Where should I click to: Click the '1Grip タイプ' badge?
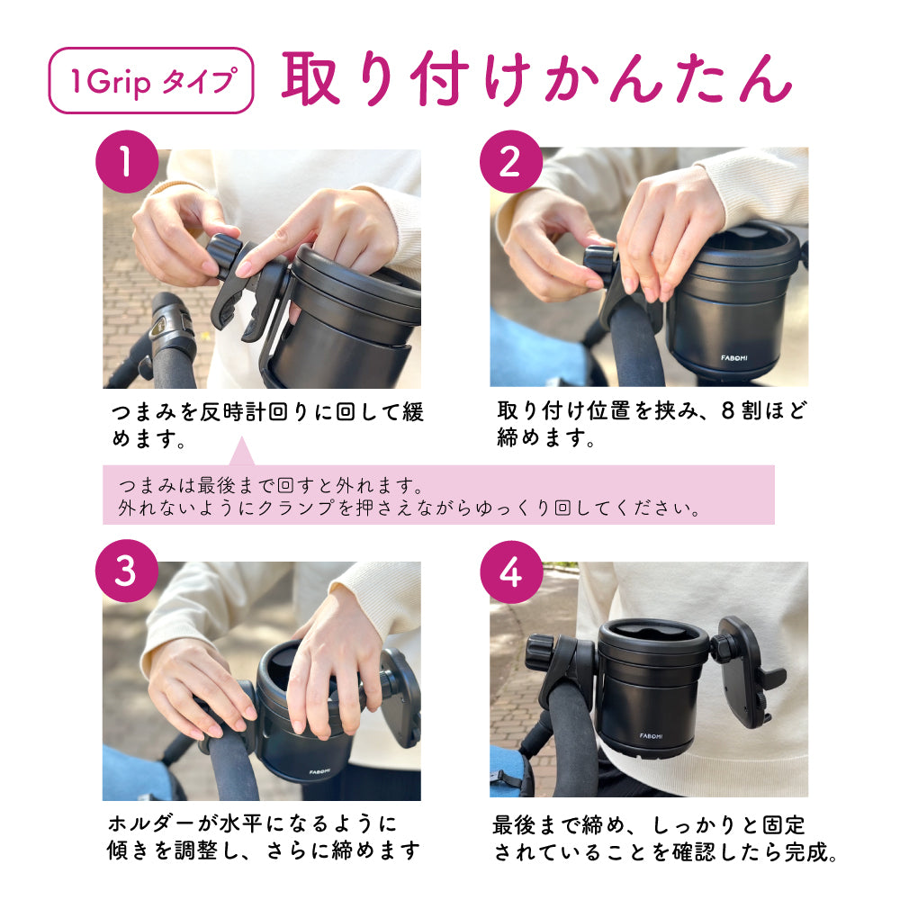[x=151, y=80]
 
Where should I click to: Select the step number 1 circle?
[x=127, y=162]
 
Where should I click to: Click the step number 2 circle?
[x=511, y=162]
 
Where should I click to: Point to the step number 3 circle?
[x=127, y=571]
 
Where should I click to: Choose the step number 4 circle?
[x=511, y=571]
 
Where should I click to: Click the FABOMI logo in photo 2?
[x=734, y=358]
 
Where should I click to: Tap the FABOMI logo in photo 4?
[x=651, y=736]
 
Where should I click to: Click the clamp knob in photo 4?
[x=539, y=651]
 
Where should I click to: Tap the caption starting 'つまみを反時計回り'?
[x=267, y=425]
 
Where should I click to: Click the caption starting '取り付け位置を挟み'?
[x=652, y=424]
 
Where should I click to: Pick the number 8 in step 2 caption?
[x=728, y=411]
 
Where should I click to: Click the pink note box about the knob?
[x=438, y=495]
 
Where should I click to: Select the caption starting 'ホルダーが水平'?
[x=264, y=837]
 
